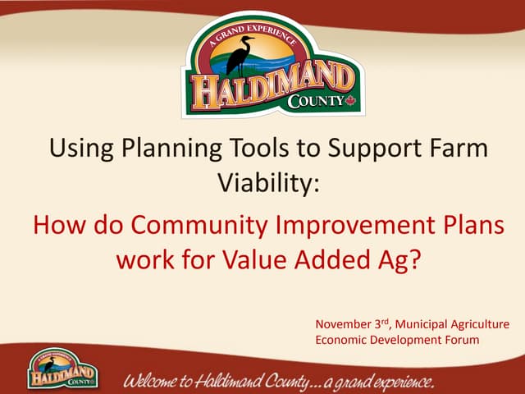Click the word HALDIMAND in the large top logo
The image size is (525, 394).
[271, 86]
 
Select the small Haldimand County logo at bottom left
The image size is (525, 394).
[58, 369]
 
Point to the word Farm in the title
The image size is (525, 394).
[449, 149]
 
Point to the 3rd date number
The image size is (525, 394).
[386, 323]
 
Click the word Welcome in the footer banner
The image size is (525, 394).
[157, 381]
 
